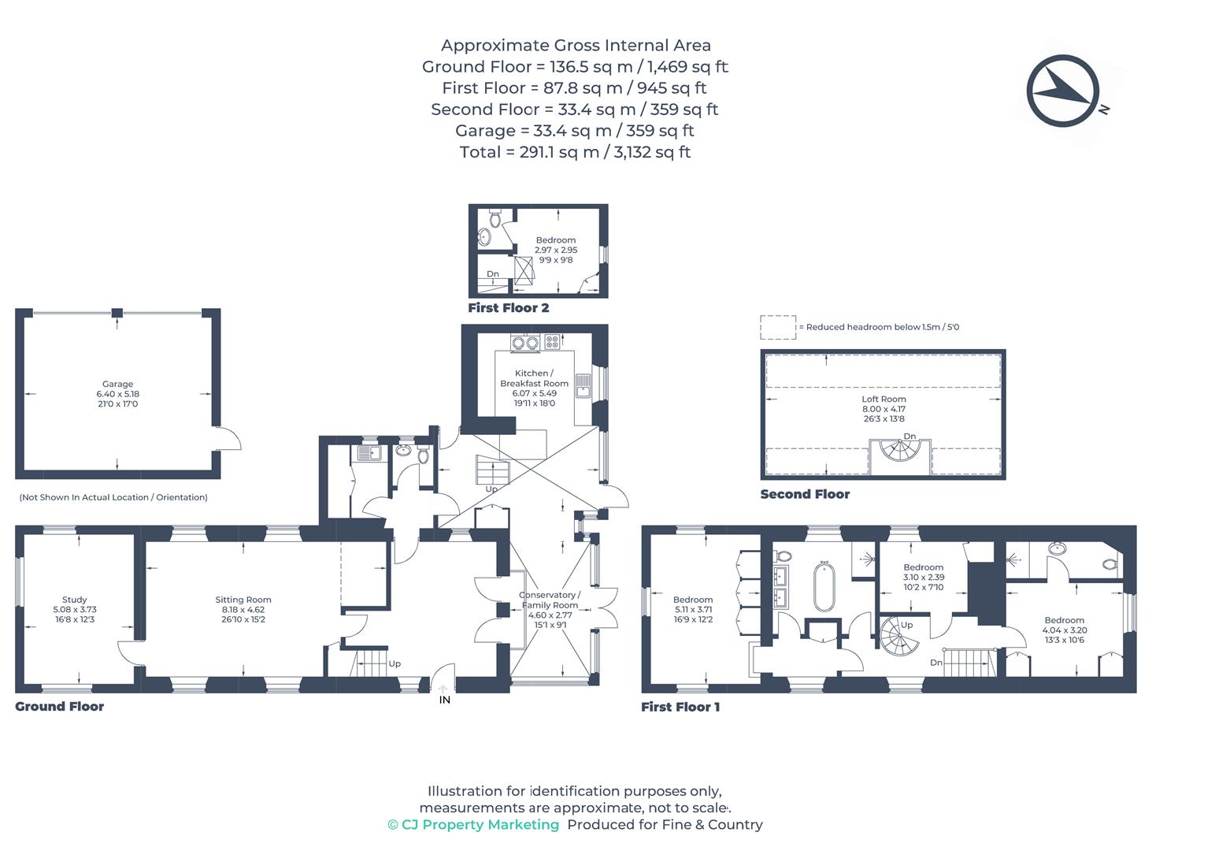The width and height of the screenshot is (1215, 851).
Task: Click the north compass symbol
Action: point(1062,91)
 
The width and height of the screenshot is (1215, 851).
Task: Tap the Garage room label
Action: point(117,393)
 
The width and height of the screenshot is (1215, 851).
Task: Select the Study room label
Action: point(75,609)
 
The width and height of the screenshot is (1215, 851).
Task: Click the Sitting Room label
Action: point(243,609)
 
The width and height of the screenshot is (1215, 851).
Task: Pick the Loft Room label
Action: point(883,408)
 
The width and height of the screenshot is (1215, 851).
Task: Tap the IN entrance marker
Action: point(444,699)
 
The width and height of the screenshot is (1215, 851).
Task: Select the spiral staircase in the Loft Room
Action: point(901,455)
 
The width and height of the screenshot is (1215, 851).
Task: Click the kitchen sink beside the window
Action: point(583,386)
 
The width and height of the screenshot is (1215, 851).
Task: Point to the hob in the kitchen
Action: point(552,342)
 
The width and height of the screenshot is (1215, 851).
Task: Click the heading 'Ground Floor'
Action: point(60,706)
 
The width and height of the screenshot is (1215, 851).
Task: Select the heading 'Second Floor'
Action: point(805,494)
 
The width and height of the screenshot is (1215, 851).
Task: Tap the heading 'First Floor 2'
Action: point(509,307)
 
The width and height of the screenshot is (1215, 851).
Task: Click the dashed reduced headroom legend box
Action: point(777,327)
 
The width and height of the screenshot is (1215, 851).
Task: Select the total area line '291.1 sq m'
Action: point(575,152)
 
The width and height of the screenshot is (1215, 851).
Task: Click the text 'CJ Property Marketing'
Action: point(480,824)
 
